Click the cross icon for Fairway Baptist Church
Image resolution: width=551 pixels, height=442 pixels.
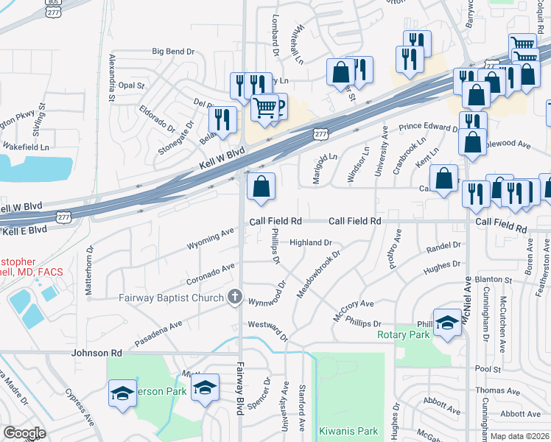pos(235,297)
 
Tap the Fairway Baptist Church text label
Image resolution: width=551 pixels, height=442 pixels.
pos(172,298)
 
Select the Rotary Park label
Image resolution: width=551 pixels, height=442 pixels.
pos(403,335)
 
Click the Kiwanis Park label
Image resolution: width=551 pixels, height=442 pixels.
pos(348,431)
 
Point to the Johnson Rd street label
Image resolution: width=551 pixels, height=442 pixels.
pos(96,354)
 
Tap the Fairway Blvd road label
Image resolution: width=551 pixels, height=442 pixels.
pos(239,390)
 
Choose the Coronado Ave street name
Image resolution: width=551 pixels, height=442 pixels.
pos(210,273)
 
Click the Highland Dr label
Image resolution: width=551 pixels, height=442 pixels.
pos(311,242)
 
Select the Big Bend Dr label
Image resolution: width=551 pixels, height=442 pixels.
pos(173,52)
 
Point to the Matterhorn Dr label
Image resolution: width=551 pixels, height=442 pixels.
pos(89,270)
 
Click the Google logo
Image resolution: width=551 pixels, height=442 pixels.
pos(24,434)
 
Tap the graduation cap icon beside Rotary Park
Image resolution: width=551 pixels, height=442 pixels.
pos(447,323)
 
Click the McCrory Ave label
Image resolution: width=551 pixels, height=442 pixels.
pos(354,304)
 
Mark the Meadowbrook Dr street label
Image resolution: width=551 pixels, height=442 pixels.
pos(318,276)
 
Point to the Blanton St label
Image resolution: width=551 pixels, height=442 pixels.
pos(494,280)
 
